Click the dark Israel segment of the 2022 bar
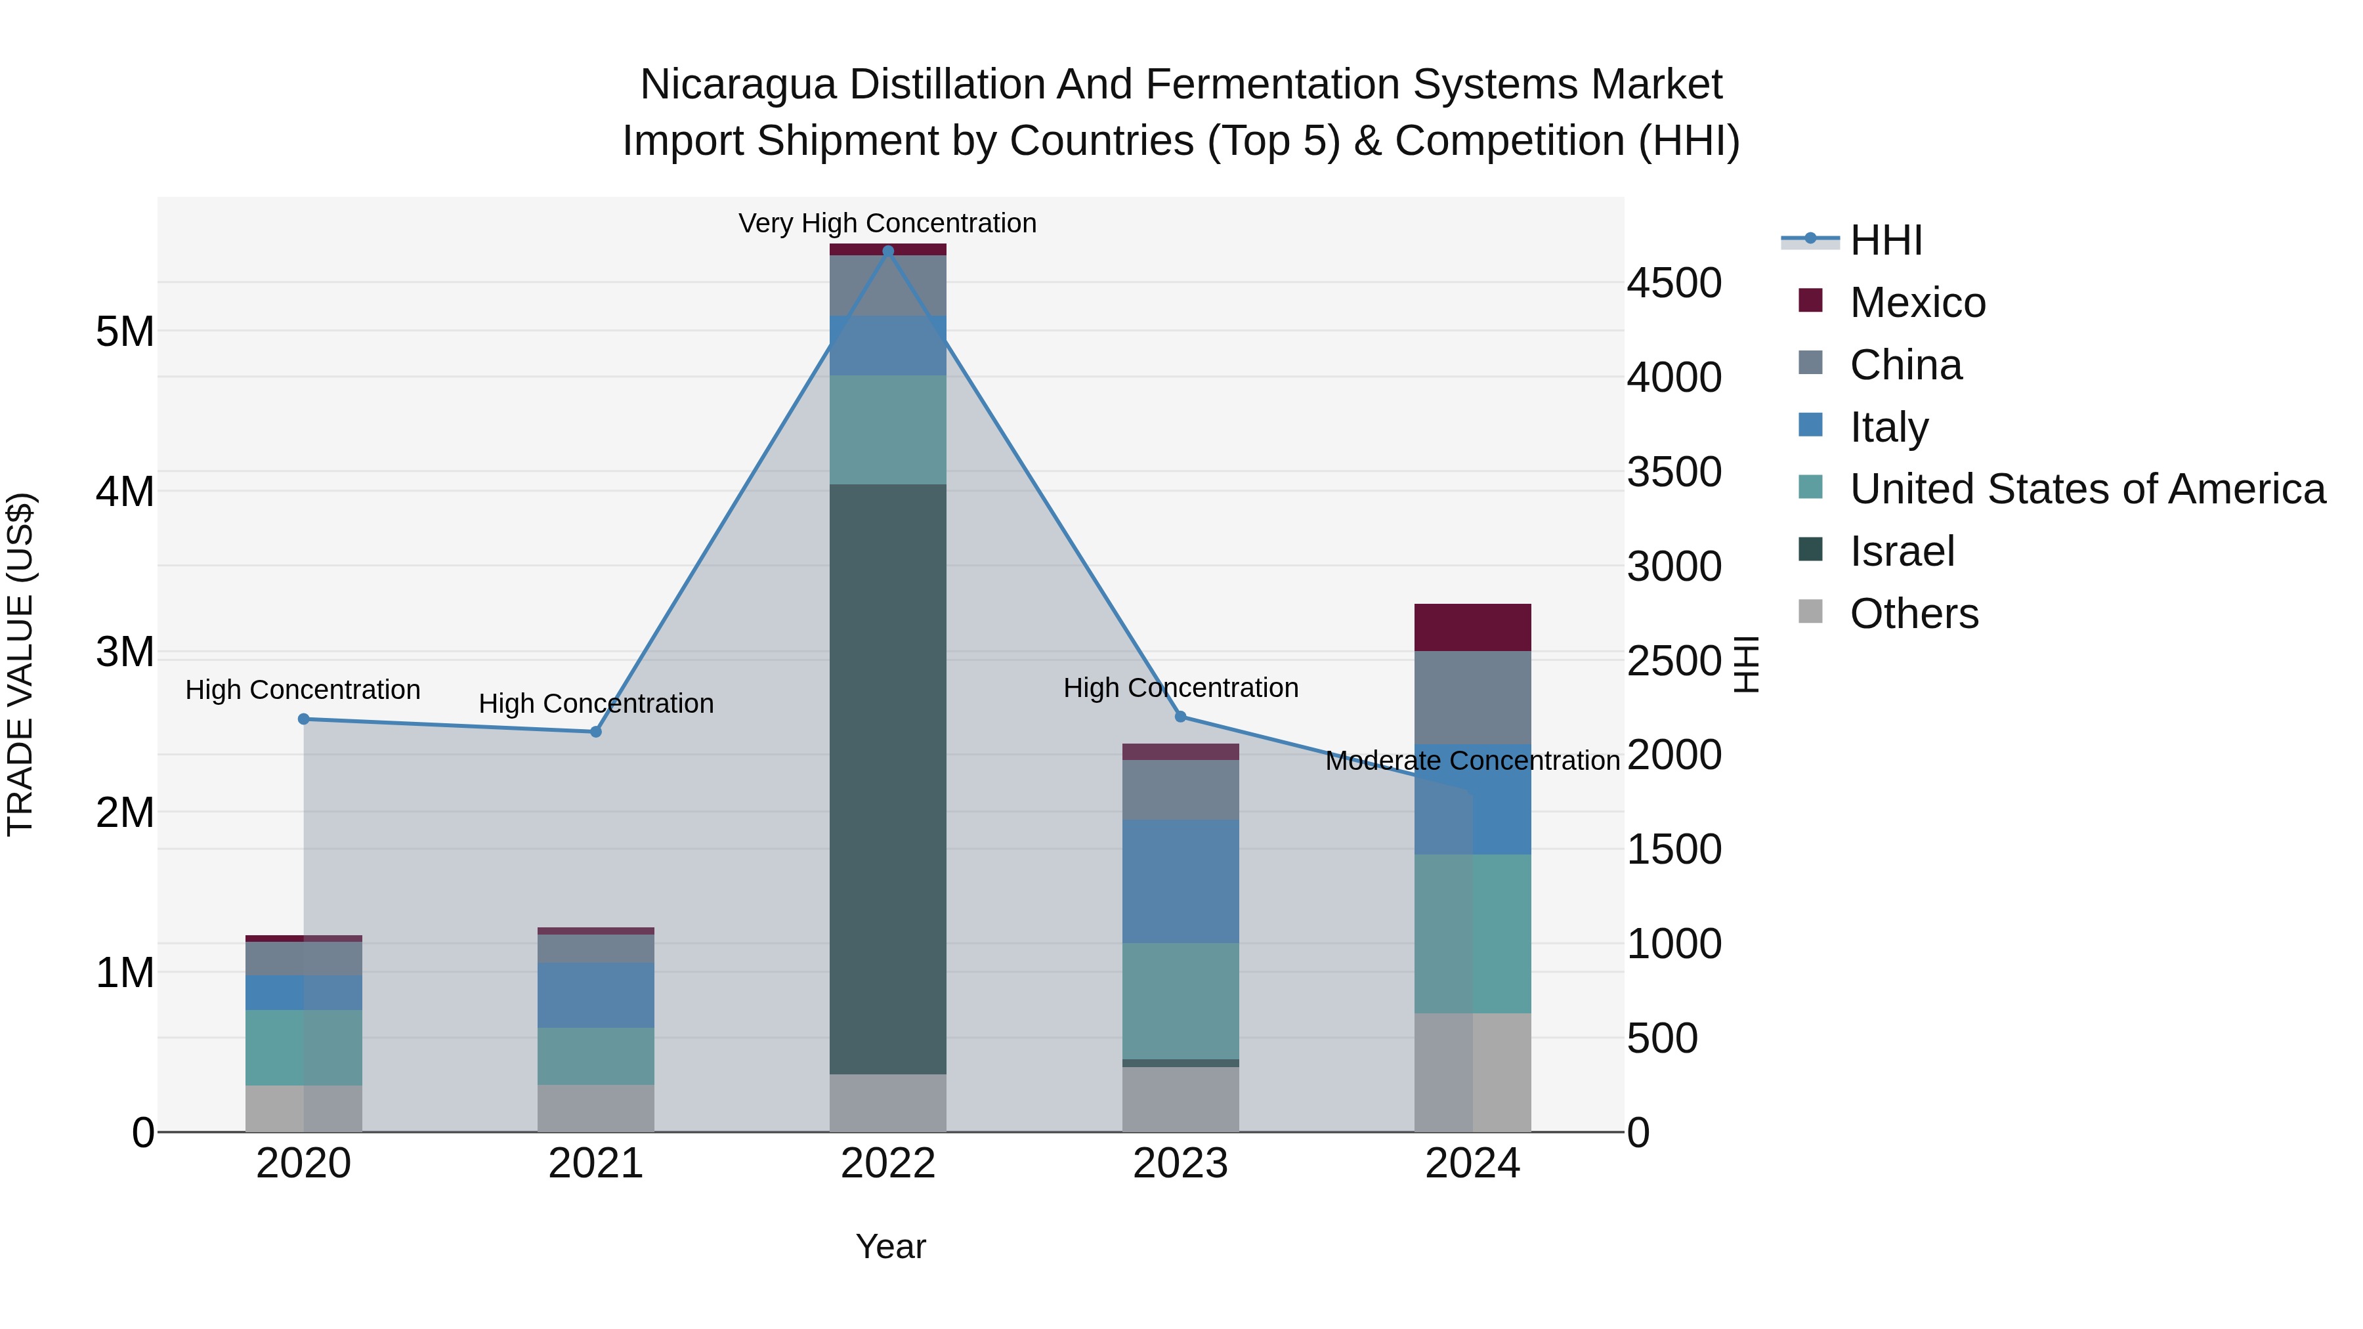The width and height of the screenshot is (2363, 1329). pyautogui.click(x=887, y=780)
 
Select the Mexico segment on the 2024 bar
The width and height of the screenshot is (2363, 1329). pyautogui.click(x=1472, y=627)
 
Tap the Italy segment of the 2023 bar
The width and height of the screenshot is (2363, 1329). pyautogui.click(x=1181, y=881)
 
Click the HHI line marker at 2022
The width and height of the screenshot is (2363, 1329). pyautogui.click(x=887, y=251)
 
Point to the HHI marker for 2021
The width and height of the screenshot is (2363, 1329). pyautogui.click(x=595, y=732)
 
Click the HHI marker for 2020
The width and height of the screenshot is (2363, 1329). pyautogui.click(x=304, y=719)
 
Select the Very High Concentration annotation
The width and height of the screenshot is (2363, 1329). pyautogui.click(x=887, y=224)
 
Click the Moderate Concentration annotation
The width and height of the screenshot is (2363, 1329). pyautogui.click(x=1472, y=761)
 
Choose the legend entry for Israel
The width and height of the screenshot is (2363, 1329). pyautogui.click(x=1902, y=551)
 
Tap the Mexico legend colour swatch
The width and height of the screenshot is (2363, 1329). pyautogui.click(x=1810, y=301)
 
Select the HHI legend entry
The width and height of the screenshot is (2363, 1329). pyautogui.click(x=1885, y=240)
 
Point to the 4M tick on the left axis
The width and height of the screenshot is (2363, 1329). pyautogui.click(x=125, y=492)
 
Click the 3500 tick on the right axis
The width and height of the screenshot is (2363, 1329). pyautogui.click(x=1674, y=473)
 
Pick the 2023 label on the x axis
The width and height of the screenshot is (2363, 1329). pyautogui.click(x=1181, y=1164)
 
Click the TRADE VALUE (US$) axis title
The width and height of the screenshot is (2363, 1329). pyautogui.click(x=21, y=664)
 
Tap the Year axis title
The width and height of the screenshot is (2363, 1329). pyautogui.click(x=890, y=1246)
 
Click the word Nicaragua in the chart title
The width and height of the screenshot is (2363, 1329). pyautogui.click(x=738, y=85)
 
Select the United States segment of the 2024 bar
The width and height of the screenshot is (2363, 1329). pyautogui.click(x=1472, y=934)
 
